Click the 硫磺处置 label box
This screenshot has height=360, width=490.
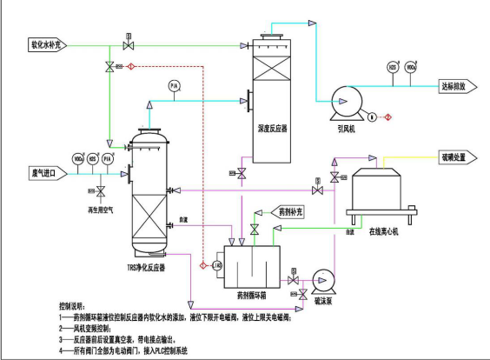(454, 157)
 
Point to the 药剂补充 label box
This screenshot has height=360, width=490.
(292, 211)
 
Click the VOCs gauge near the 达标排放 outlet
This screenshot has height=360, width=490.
(411, 67)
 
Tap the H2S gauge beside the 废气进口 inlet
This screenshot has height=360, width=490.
(93, 159)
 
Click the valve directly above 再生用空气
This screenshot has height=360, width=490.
(101, 190)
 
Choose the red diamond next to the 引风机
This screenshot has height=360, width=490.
(387, 117)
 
